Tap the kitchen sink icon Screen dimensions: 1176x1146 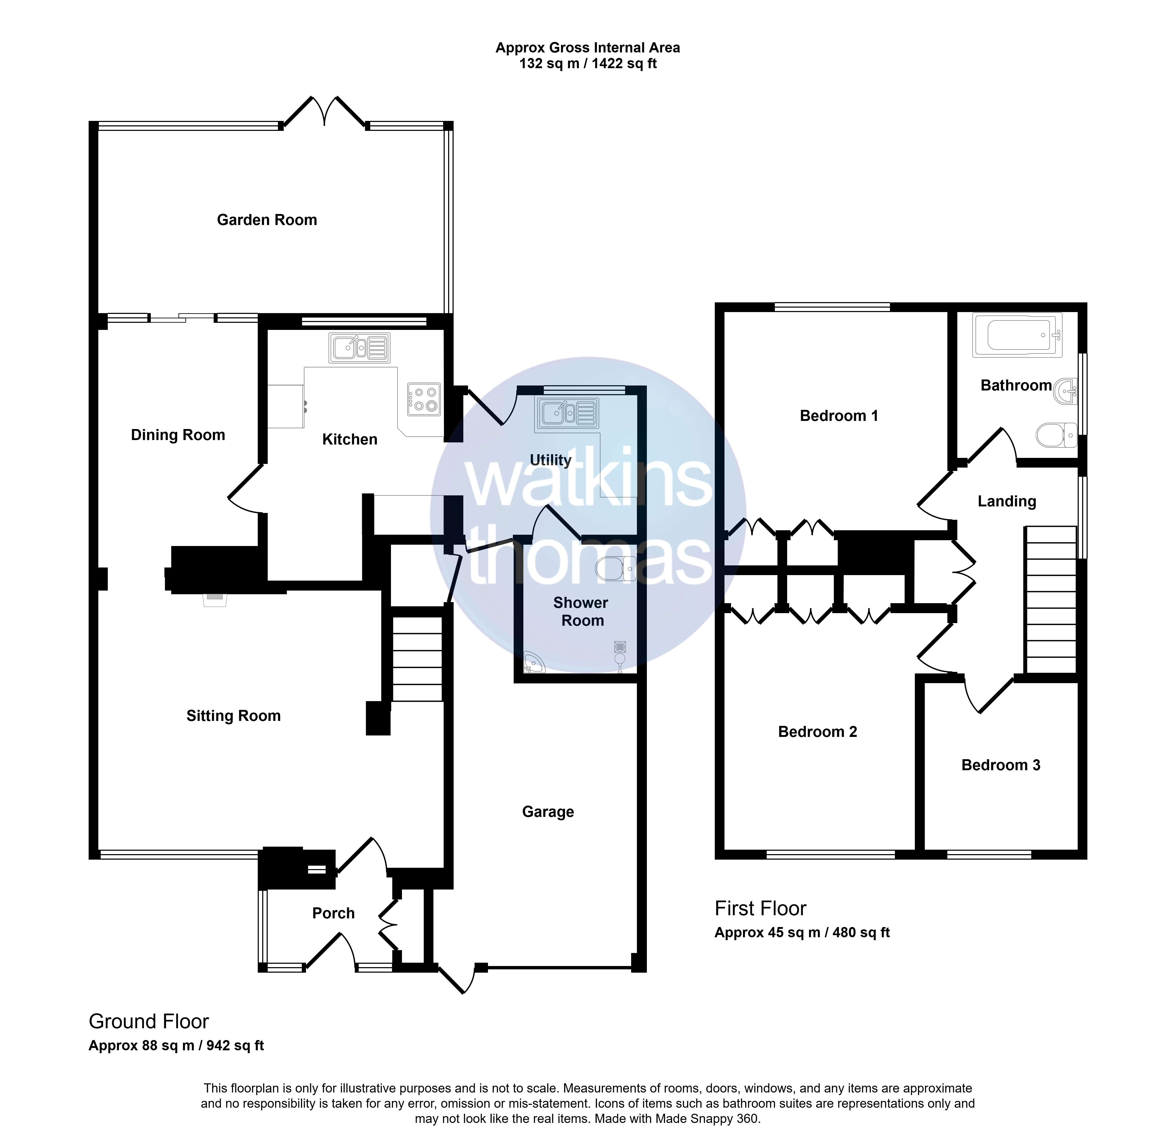(359, 348)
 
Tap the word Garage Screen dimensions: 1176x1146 (548, 812)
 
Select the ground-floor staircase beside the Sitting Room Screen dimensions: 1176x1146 (417, 658)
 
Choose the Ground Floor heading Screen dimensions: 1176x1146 (149, 1021)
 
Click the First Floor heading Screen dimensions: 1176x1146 (760, 908)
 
